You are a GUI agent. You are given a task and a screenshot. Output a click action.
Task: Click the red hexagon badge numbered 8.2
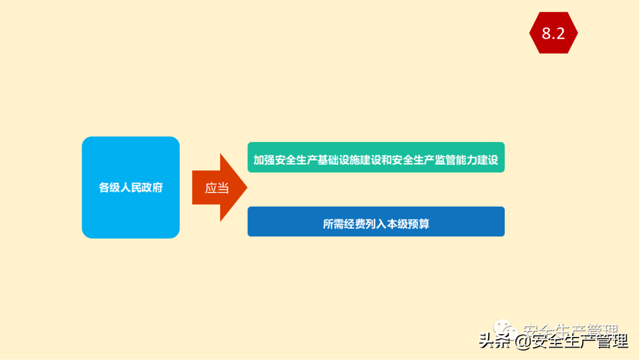point(553,33)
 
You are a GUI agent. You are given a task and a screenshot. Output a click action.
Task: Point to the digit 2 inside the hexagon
point(560,34)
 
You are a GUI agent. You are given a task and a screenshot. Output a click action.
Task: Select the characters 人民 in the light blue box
point(131,188)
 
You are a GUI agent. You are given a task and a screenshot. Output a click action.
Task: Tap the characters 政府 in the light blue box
point(152,188)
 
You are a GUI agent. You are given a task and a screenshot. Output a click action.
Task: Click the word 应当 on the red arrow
point(217,188)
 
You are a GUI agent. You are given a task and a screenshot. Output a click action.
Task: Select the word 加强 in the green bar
point(264,160)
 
